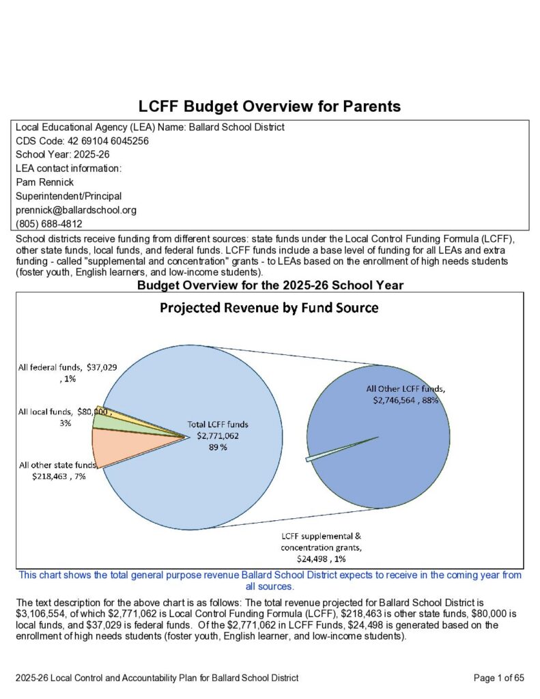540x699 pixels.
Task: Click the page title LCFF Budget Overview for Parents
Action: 270,106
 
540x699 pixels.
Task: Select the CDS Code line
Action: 82,141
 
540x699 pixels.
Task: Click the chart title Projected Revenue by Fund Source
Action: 269,308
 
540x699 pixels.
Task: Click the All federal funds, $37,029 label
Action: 67,372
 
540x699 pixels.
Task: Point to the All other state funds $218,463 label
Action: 59,471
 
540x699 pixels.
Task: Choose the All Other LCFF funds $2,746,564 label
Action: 406,395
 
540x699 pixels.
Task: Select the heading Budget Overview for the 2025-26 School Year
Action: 270,285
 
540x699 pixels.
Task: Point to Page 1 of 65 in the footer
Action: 498,678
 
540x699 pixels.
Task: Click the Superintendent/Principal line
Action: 61,196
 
